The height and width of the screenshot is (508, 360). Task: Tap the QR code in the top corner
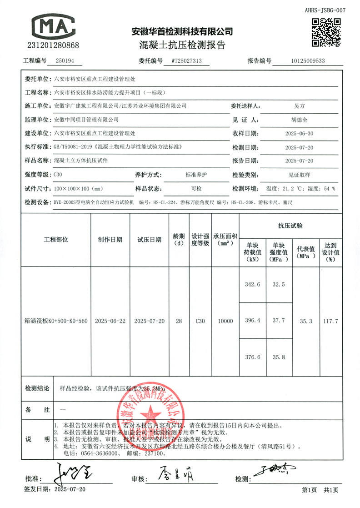tap(326, 32)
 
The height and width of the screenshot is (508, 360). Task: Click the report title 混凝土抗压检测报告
tap(182, 45)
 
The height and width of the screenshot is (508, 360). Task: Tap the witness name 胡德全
tap(298, 120)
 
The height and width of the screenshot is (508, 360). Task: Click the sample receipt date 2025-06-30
tap(298, 134)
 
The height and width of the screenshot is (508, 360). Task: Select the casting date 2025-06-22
tap(110, 321)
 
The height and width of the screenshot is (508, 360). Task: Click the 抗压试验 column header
tap(290, 226)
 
